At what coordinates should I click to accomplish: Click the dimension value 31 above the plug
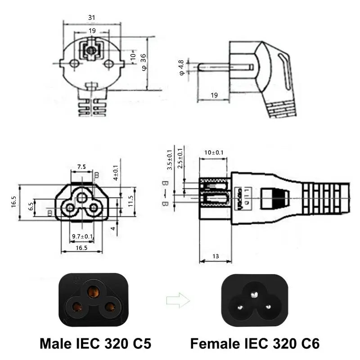pyautogui.click(x=91, y=17)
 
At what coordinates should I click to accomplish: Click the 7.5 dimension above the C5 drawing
pyautogui.click(x=81, y=166)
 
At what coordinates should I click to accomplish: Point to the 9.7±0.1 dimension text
pyautogui.click(x=83, y=236)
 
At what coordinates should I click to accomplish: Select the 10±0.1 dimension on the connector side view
pyautogui.click(x=214, y=153)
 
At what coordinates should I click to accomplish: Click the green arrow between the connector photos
pyautogui.click(x=178, y=300)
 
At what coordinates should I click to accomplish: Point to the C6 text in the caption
pyautogui.click(x=307, y=344)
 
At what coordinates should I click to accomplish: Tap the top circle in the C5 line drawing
pyautogui.click(x=81, y=198)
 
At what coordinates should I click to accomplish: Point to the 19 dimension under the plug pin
pyautogui.click(x=214, y=95)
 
